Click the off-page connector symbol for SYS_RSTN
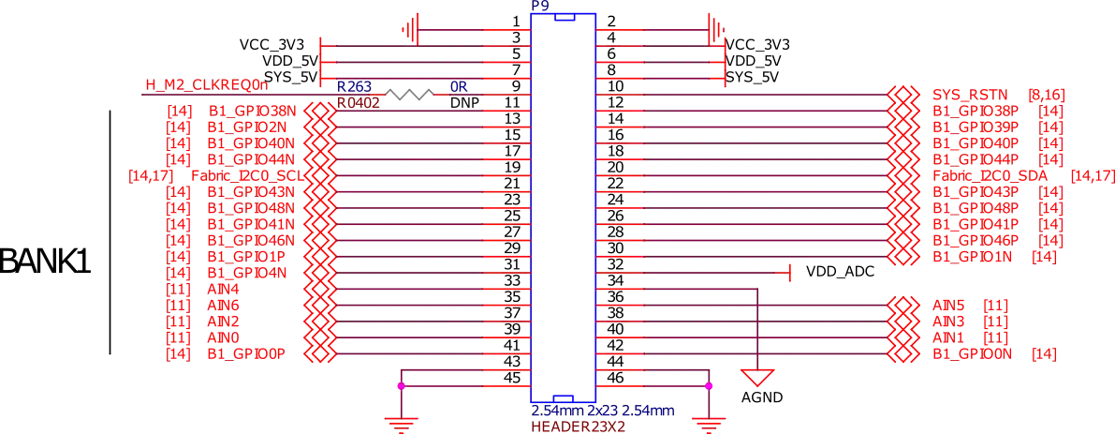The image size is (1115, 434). [x=902, y=96]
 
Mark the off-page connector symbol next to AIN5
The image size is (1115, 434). [x=902, y=305]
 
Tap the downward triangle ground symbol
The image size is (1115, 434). [x=758, y=378]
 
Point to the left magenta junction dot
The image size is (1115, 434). [x=401, y=385]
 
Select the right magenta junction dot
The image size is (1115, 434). [x=709, y=385]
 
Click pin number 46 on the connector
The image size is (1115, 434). [x=614, y=378]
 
